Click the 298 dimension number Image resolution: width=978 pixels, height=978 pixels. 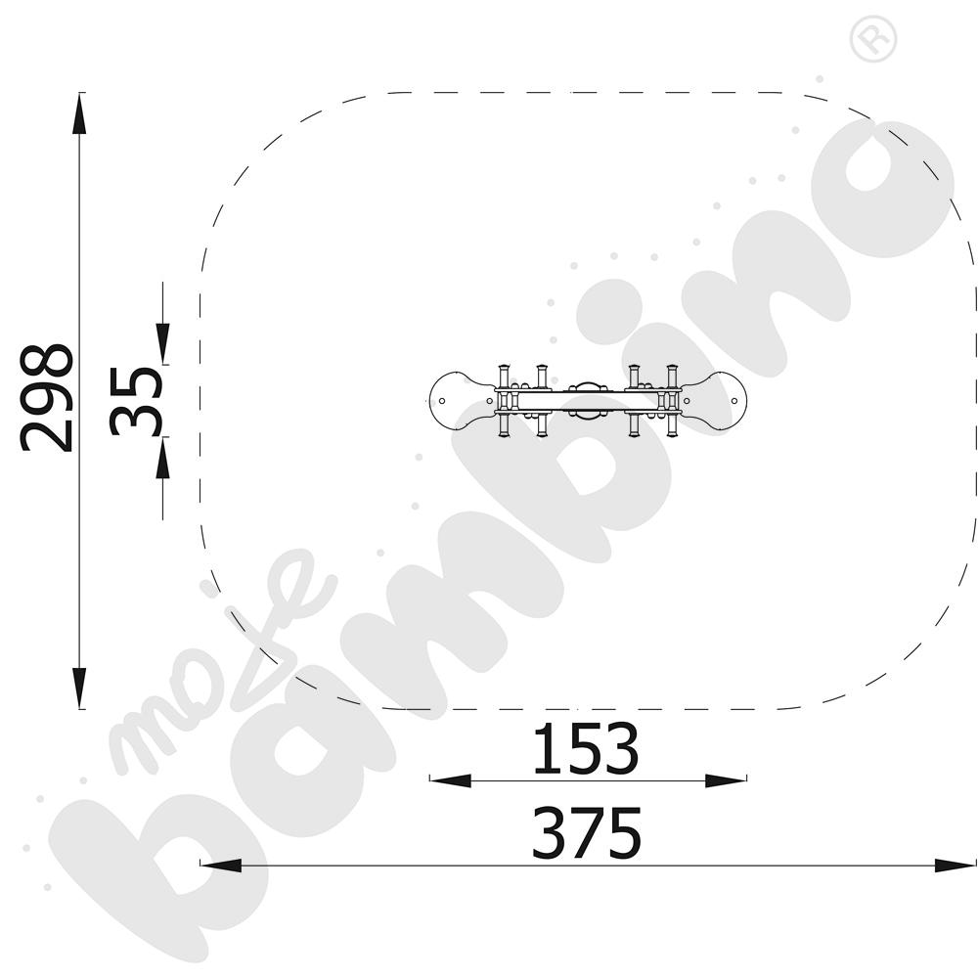pyautogui.click(x=47, y=397)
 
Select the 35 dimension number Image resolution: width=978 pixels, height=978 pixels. pyautogui.click(x=136, y=400)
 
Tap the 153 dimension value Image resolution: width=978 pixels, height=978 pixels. pyautogui.click(x=586, y=748)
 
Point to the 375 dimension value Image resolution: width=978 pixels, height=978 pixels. pyautogui.click(x=586, y=833)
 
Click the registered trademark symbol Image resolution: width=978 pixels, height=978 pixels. pyautogui.click(x=873, y=38)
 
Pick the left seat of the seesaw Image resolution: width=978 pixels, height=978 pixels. pyautogui.click(x=462, y=401)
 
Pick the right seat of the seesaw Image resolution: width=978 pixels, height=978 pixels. pyautogui.click(x=714, y=401)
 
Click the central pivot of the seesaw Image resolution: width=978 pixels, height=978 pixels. pyautogui.click(x=588, y=401)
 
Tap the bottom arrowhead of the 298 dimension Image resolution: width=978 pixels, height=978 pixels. pyautogui.click(x=79, y=688)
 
